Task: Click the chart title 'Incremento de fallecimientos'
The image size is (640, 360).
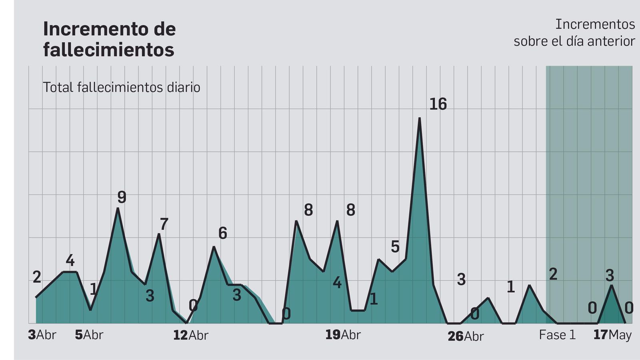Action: tap(109, 39)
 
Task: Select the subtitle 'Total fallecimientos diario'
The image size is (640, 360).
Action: tap(121, 87)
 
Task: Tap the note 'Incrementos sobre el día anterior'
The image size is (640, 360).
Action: tap(574, 32)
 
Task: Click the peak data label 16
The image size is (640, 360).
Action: tap(438, 104)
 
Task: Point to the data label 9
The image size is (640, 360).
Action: tap(122, 197)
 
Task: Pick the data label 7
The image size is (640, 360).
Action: tap(164, 224)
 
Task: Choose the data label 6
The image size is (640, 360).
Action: tap(223, 233)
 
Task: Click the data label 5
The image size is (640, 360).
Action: tap(395, 247)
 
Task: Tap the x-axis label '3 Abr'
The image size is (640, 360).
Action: tap(42, 335)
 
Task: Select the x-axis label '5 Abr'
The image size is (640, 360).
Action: tap(89, 335)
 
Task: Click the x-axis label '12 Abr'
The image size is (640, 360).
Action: tap(190, 335)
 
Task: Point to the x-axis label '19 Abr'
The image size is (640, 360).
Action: tap(343, 335)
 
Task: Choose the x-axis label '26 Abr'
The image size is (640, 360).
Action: tap(466, 336)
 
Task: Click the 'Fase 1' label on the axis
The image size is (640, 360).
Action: tap(557, 335)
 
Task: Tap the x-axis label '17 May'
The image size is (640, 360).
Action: tap(612, 335)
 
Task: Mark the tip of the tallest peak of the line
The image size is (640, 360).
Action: tap(419, 118)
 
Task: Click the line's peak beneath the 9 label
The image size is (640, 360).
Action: tap(118, 208)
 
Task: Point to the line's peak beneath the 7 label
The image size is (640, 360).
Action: tap(159, 234)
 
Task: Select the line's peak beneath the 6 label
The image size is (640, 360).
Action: tap(214, 247)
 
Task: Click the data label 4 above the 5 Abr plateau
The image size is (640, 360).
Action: tap(70, 261)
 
